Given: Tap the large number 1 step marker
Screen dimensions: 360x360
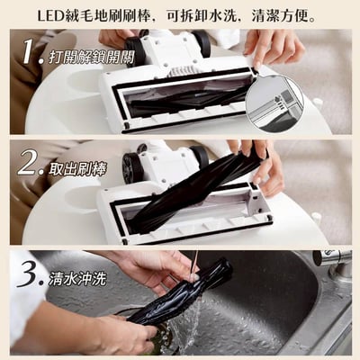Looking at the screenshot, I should pyautogui.click(x=32, y=56).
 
